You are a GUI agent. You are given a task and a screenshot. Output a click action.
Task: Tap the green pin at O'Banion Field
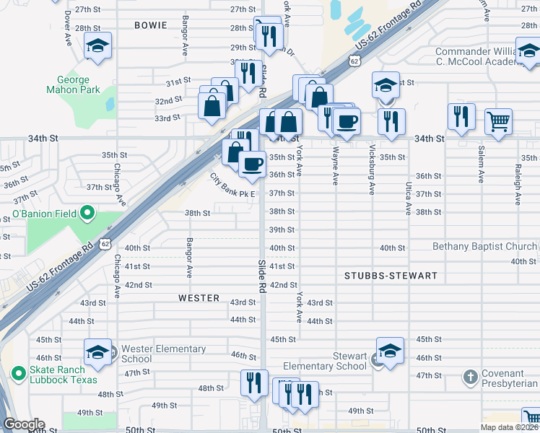point(87,213)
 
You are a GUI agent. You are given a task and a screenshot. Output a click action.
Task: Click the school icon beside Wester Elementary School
point(97,352)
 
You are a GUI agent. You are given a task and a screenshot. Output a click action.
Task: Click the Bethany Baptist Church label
point(484,246)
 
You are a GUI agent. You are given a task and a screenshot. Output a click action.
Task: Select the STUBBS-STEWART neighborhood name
point(391,276)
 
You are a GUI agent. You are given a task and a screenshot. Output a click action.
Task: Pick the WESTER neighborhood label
point(199,297)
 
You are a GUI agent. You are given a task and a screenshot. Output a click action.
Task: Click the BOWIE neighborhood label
point(151,25)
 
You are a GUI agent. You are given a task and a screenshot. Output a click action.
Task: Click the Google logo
point(24,424)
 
